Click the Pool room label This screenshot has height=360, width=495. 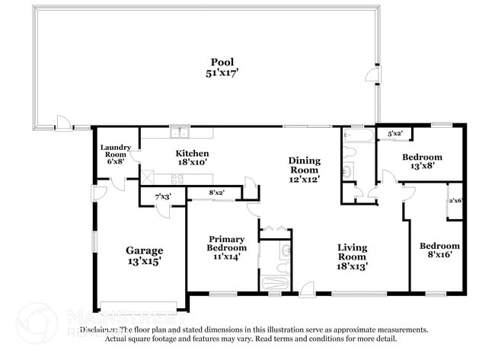(x=222, y=62)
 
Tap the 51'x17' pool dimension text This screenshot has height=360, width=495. (x=222, y=73)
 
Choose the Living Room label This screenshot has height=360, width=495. (x=353, y=247)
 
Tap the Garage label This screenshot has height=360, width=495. (x=144, y=250)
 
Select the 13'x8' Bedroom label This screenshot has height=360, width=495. (x=422, y=157)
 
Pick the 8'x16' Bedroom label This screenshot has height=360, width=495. (x=439, y=246)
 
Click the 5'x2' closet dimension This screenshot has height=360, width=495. (x=394, y=135)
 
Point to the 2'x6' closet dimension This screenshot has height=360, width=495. (x=455, y=200)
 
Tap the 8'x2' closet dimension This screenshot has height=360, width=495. (x=216, y=193)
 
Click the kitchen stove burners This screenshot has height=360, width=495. (x=177, y=180)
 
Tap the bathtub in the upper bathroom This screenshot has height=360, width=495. (x=358, y=136)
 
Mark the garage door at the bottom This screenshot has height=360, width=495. (x=139, y=307)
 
